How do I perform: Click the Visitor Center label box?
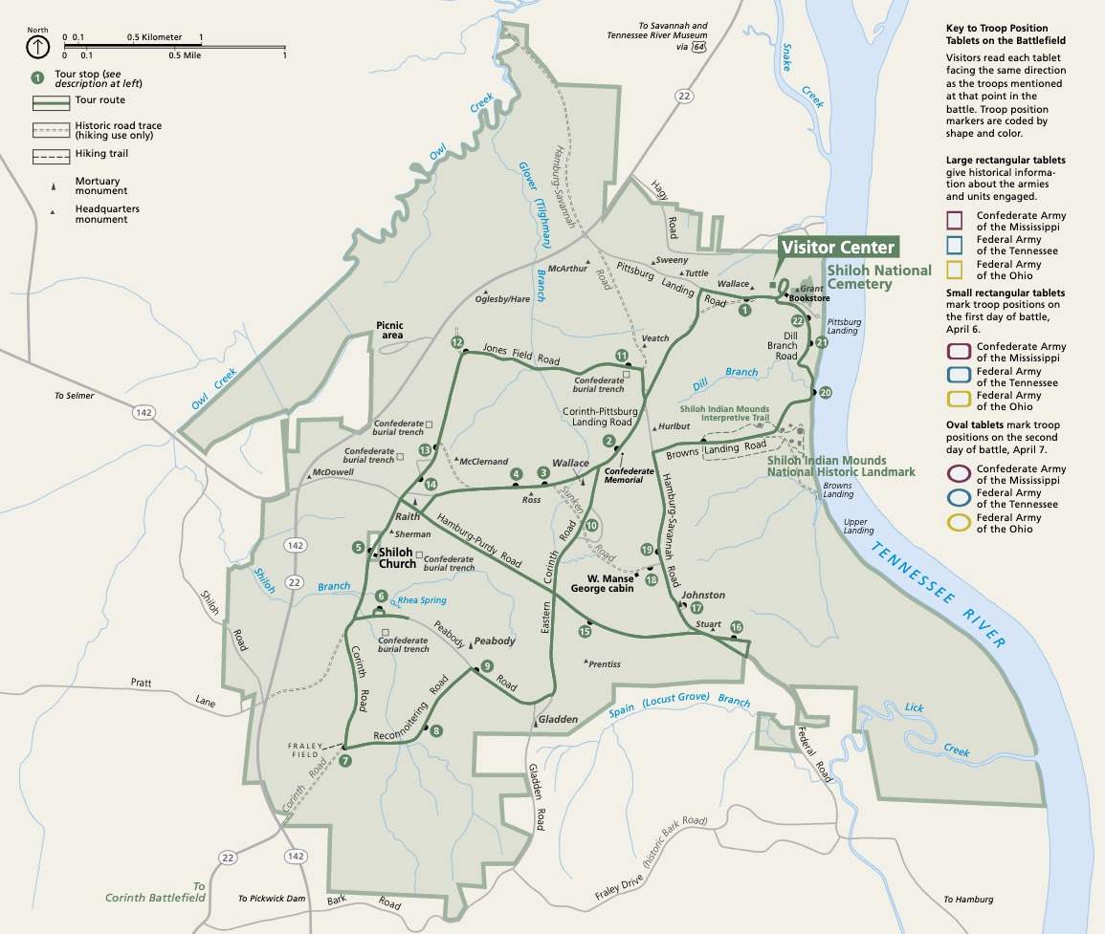click(837, 248)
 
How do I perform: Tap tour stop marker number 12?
click(457, 342)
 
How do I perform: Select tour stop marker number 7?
click(345, 761)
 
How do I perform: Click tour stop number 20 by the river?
click(826, 393)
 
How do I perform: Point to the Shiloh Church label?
click(397, 557)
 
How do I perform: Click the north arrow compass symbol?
click(37, 45)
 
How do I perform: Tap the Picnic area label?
click(390, 331)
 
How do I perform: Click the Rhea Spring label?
click(422, 600)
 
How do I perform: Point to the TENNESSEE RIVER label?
click(938, 594)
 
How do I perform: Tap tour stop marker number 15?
click(585, 631)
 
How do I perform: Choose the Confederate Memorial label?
click(630, 476)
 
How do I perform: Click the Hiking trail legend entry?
click(99, 154)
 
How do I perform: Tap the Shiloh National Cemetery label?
click(879, 276)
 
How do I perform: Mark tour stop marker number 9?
click(487, 666)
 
